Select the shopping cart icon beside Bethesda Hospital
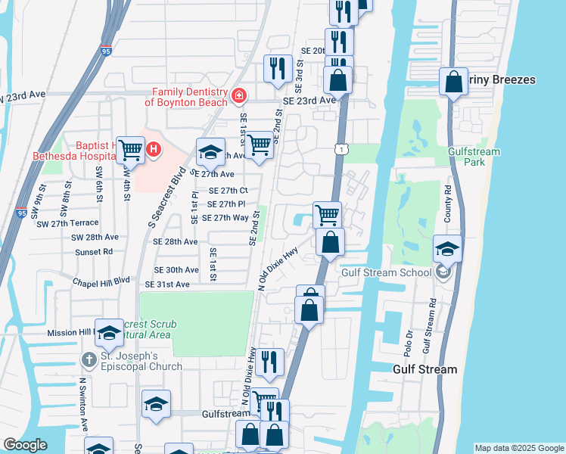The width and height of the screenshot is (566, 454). [131, 150]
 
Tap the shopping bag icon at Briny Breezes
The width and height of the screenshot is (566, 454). [453, 82]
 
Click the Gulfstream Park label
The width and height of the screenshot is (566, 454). [474, 157]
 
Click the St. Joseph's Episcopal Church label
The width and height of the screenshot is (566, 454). [141, 362]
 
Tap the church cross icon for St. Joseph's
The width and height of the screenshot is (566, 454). [89, 358]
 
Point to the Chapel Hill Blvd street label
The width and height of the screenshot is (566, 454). [102, 279]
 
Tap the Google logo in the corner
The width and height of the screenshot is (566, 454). [24, 444]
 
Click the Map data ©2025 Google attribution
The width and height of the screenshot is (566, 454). [518, 448]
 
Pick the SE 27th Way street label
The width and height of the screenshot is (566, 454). [220, 217]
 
